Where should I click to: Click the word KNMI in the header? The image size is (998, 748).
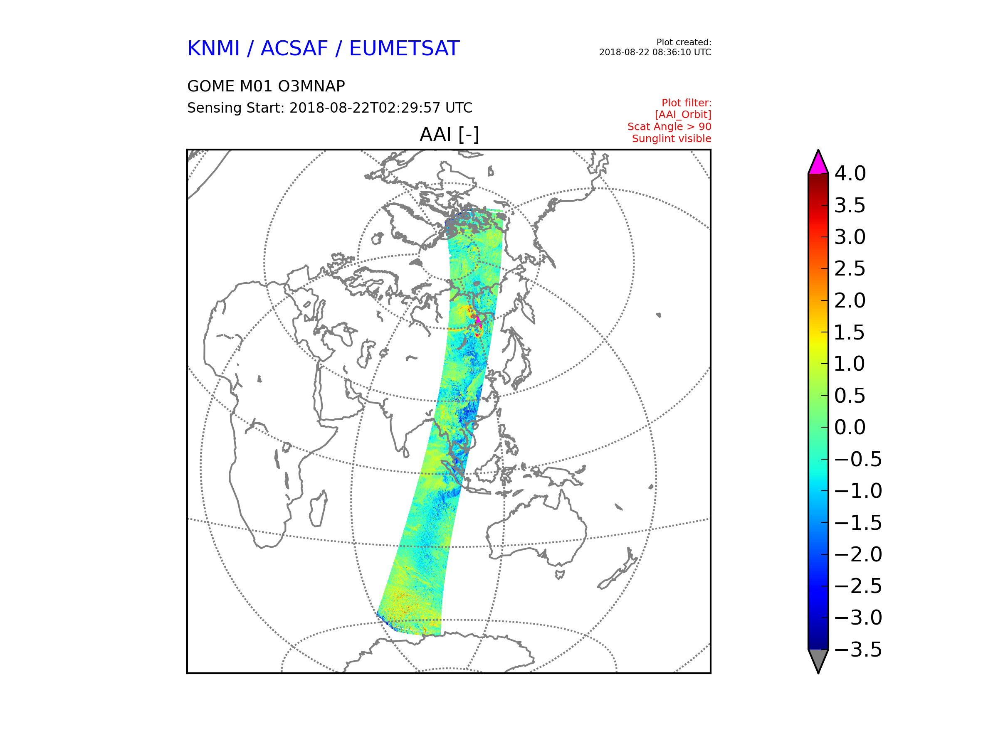(213, 49)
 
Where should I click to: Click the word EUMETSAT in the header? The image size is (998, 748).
(404, 49)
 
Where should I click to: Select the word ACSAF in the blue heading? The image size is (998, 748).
(294, 49)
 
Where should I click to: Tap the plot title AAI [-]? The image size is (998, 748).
(450, 134)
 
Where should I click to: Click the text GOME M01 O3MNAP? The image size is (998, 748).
(266, 86)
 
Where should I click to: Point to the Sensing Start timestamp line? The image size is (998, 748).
(330, 108)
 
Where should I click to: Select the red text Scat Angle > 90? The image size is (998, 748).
(669, 127)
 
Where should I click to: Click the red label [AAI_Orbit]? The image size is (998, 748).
(683, 115)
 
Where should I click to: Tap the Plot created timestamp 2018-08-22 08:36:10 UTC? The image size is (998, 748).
(655, 52)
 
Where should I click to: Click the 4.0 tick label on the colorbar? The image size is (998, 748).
(850, 174)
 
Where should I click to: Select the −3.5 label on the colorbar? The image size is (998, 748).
(858, 650)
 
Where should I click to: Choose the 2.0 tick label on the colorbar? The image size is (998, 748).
(850, 301)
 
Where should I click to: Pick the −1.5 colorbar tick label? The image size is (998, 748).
(858, 523)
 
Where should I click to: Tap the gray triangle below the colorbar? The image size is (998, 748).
(818, 659)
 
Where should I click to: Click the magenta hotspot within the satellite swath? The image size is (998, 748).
(478, 321)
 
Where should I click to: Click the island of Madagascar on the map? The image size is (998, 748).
(319, 509)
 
